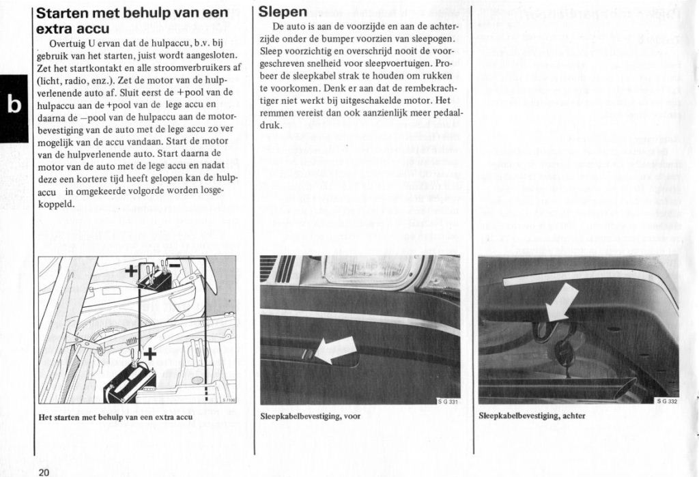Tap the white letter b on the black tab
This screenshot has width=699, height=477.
[x=13, y=105]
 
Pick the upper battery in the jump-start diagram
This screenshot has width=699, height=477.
[x=155, y=278]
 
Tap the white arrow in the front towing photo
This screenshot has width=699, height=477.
[x=334, y=350]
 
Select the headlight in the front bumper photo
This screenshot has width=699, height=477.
[x=369, y=270]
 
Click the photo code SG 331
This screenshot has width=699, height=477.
[x=448, y=402]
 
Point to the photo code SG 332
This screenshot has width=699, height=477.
[x=666, y=401]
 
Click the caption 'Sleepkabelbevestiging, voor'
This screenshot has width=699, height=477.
[x=311, y=416]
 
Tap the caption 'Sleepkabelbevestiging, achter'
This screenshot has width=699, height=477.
[x=532, y=416]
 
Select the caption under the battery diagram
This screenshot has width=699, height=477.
[x=115, y=416]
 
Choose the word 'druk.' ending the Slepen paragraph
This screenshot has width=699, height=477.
[x=271, y=126]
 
